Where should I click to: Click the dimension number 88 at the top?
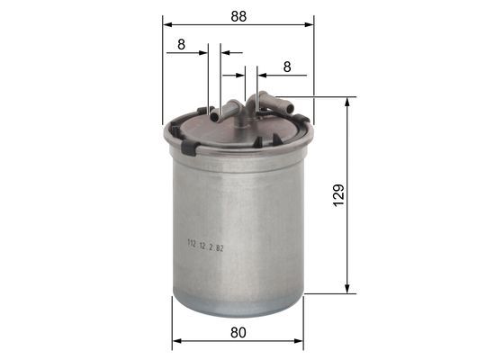tap(238, 15)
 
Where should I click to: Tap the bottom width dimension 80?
tap(238, 332)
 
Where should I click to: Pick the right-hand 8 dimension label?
tap(287, 67)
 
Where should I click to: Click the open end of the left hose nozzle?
tap(215, 115)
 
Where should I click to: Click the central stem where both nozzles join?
tap(241, 108)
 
